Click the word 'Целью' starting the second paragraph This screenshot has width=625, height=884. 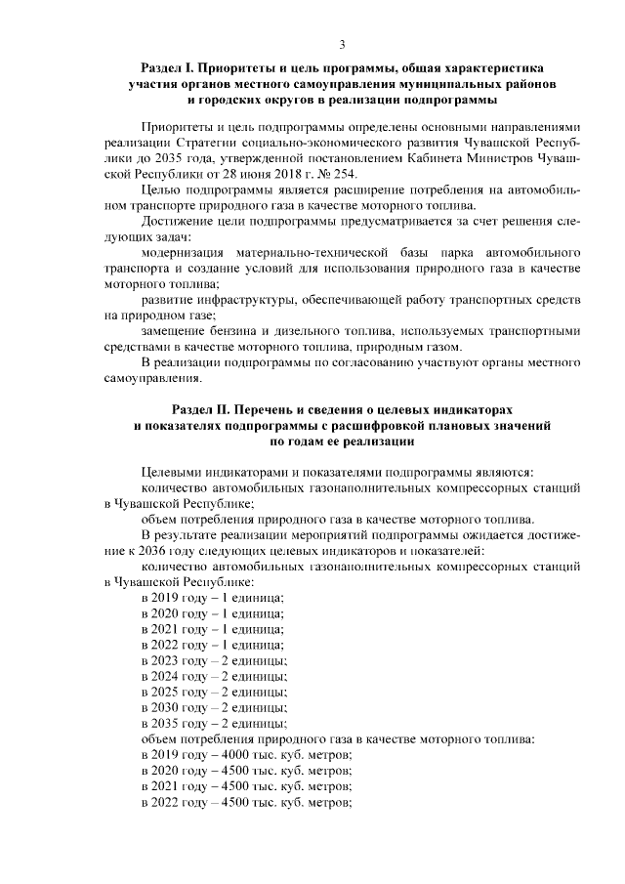(x=160, y=190)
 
